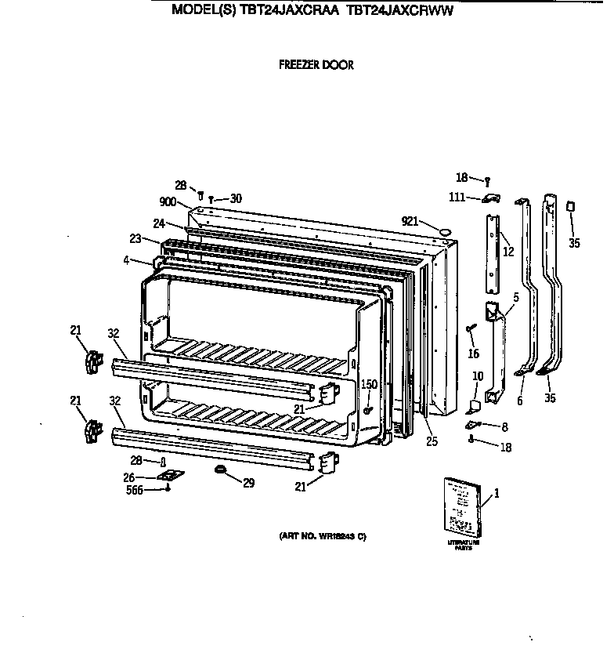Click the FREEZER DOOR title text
[316, 65]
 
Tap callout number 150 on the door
[368, 384]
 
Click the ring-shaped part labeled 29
[220, 470]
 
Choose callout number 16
[473, 354]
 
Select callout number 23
[135, 240]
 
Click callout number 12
[508, 252]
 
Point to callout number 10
[478, 377]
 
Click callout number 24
[159, 223]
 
